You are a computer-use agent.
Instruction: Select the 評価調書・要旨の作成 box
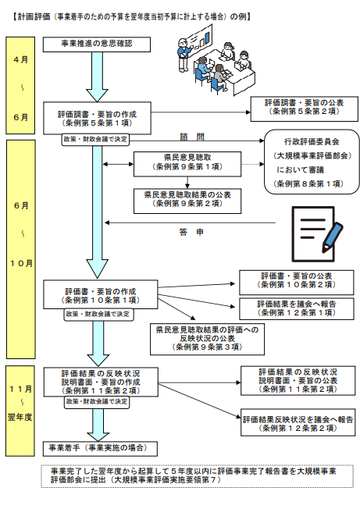click(x=95, y=118)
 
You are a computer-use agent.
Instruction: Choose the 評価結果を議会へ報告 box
click(x=298, y=308)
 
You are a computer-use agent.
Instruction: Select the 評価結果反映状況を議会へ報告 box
click(x=298, y=422)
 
